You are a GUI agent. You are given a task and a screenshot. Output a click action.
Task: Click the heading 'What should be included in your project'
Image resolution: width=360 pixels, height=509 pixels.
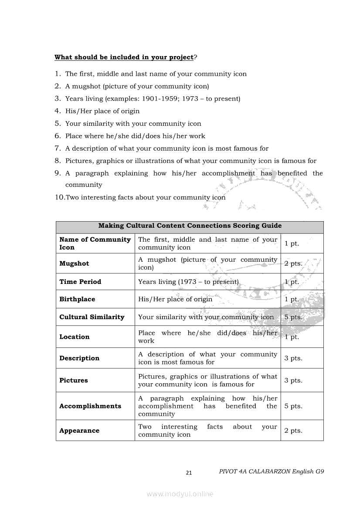(124, 57)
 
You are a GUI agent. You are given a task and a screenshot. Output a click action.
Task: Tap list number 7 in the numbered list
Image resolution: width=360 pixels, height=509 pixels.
(57, 148)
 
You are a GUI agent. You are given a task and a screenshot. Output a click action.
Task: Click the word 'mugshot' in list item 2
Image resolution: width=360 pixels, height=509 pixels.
(85, 86)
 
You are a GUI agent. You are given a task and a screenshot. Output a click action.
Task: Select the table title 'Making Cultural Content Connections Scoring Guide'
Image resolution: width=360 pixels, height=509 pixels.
(190, 226)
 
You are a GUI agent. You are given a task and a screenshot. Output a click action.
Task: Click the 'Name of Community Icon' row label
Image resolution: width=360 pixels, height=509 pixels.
(95, 243)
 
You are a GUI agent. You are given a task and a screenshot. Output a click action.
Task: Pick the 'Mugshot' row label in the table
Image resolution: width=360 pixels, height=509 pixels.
(74, 263)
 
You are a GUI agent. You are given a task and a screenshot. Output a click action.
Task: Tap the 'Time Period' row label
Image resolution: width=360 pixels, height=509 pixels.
(80, 282)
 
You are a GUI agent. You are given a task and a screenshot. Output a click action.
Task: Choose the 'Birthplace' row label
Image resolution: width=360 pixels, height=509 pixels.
(77, 299)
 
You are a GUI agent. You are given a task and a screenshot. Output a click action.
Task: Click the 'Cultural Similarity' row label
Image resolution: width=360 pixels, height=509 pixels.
(92, 317)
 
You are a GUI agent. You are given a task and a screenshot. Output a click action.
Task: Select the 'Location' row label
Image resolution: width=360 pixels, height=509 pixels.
(75, 337)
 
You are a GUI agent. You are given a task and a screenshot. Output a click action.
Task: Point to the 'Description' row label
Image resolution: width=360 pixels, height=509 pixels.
(79, 358)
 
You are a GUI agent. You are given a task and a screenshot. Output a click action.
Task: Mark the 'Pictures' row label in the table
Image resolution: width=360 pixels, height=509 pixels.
(74, 380)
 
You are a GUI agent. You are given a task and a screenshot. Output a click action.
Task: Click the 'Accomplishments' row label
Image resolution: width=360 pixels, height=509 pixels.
(90, 406)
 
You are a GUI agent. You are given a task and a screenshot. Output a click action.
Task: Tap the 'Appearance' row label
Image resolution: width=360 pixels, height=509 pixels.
(79, 430)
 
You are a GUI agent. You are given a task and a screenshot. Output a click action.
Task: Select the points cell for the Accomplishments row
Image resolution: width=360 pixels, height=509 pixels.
(293, 406)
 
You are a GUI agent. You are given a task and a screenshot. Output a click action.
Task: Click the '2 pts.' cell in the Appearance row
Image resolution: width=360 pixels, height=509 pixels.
(293, 430)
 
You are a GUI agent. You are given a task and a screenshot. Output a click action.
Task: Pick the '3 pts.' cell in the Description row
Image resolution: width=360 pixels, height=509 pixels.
(293, 358)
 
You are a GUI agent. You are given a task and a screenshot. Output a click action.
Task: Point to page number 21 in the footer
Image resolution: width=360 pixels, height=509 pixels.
(189, 473)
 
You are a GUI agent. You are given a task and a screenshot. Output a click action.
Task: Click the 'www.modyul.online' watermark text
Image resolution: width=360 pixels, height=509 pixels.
(180, 494)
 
